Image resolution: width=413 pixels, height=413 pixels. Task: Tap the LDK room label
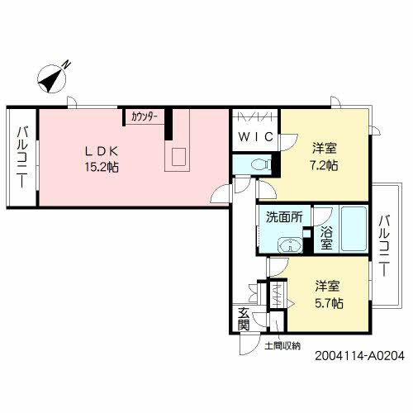104,151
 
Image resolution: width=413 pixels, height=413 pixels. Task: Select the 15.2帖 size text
104,166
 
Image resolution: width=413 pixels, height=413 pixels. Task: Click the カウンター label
145,116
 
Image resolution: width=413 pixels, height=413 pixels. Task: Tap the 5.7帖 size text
328,301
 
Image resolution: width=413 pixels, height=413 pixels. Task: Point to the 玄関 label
244,318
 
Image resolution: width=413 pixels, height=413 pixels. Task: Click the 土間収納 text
282,344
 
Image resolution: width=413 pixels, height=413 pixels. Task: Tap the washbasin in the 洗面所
290,244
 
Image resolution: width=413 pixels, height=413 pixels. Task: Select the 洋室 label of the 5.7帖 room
328,286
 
